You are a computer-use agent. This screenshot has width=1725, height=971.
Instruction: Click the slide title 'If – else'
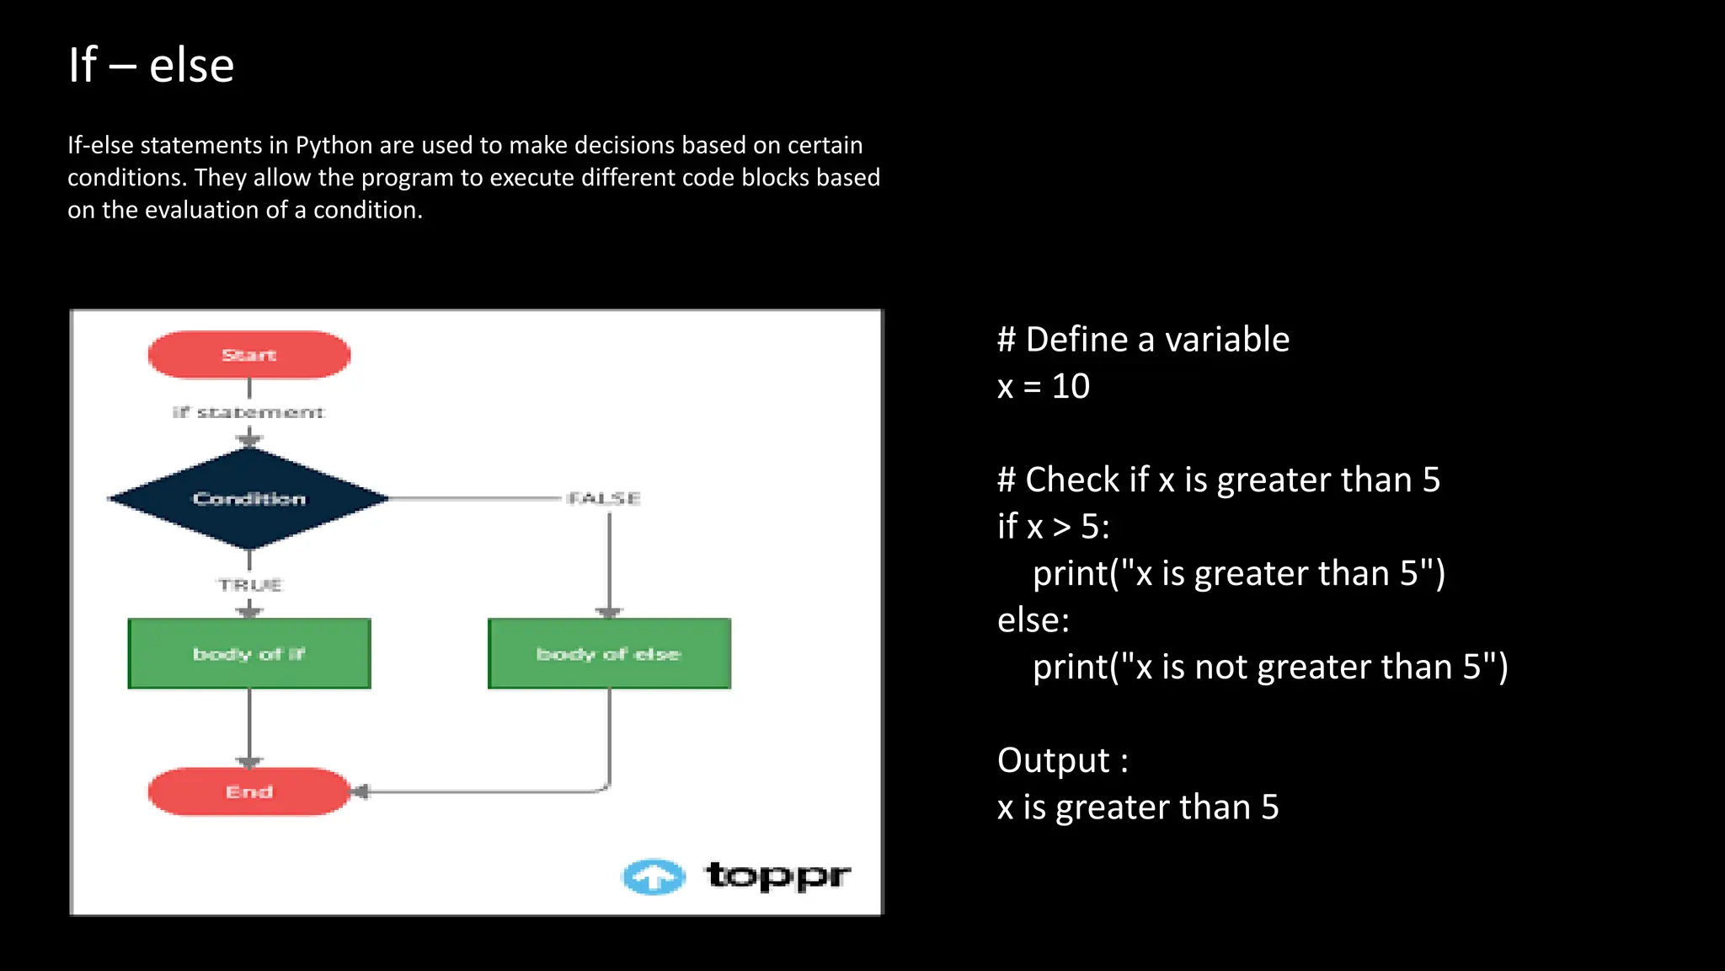coord(151,66)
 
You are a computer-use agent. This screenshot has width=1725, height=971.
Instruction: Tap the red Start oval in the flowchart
coord(249,355)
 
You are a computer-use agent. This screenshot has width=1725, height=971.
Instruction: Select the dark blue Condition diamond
coord(249,498)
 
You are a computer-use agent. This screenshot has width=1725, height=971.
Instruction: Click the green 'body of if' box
coord(249,654)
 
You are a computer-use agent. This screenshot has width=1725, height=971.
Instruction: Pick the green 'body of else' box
coord(609,654)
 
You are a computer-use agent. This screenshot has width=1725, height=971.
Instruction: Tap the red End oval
coord(249,791)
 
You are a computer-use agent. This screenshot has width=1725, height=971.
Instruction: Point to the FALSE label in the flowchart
coord(604,498)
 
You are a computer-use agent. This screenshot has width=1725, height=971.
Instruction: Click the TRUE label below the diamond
coord(250,584)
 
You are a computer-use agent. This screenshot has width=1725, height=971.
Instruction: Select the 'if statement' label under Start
coord(248,412)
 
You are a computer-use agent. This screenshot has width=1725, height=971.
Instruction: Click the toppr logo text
coord(777,876)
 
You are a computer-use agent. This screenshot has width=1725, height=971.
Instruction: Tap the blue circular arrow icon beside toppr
coord(654,877)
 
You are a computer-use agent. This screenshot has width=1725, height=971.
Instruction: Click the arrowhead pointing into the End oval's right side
coord(361,791)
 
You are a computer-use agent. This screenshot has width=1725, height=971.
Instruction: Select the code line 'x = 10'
coord(1043,387)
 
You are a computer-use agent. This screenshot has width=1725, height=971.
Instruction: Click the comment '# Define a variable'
coord(1143,340)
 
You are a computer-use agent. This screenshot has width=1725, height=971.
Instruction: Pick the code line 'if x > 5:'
coord(1053,527)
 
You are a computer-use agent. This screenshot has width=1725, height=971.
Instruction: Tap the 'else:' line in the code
coord(1033,620)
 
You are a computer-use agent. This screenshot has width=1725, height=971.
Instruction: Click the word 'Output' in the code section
coord(1053,760)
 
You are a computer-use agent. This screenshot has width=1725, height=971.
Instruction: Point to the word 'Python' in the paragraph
coord(334,145)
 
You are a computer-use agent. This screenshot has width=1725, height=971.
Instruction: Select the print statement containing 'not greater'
coord(1270,668)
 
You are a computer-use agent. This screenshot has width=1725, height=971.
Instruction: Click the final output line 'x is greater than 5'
coord(1137,807)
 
